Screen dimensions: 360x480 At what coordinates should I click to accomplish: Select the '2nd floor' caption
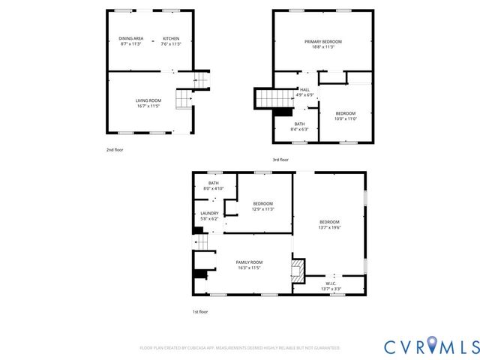[114, 150]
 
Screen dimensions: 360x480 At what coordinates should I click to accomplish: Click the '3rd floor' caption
[280, 159]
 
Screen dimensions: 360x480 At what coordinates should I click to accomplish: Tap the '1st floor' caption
[199, 311]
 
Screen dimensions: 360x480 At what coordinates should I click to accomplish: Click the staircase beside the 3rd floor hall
[272, 97]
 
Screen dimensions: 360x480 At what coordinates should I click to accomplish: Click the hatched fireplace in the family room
[298, 270]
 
